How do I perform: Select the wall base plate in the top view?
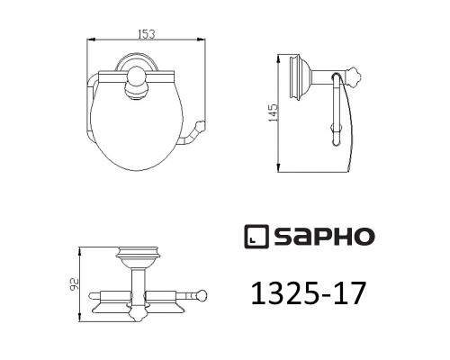click(x=138, y=257)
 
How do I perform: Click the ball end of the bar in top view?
click(x=203, y=294)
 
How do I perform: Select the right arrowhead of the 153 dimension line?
click(x=199, y=40)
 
